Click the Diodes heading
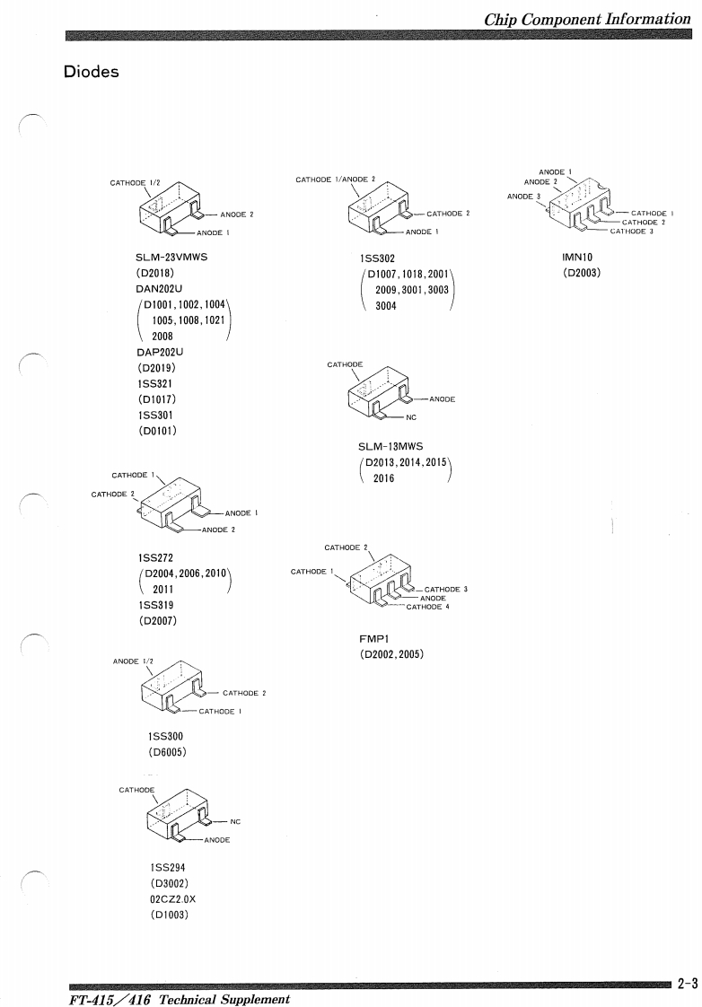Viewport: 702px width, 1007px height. point(92,72)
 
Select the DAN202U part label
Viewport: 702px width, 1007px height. point(160,290)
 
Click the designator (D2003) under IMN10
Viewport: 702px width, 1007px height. point(581,273)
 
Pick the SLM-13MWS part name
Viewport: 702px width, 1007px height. point(391,446)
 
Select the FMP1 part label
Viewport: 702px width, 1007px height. point(373,639)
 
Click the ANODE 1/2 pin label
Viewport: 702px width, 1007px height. point(133,661)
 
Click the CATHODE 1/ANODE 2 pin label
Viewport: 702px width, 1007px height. point(336,180)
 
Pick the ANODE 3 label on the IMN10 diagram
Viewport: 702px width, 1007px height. point(522,196)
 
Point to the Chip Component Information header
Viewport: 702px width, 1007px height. point(587,19)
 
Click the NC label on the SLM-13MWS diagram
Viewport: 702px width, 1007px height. point(411,416)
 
